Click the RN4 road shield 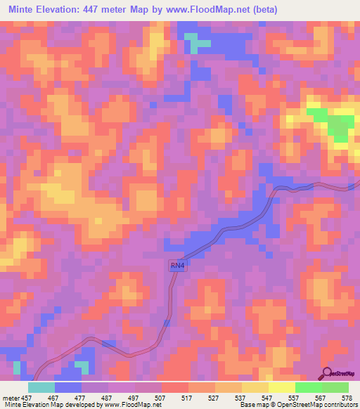click(x=177, y=266)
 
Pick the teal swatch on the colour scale click(x=41, y=387)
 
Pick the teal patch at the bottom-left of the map click(x=82, y=366)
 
